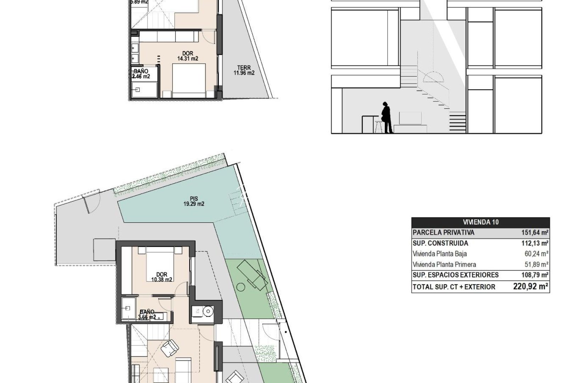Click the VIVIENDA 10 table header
click(x=480, y=222)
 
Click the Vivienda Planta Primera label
click(x=444, y=265)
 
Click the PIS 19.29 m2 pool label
click(x=194, y=201)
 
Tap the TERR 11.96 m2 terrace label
click(x=244, y=71)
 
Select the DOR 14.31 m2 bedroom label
click(x=188, y=56)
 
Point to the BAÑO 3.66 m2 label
click(x=147, y=315)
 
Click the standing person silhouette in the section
click(x=387, y=118)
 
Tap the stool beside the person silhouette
click(x=379, y=126)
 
